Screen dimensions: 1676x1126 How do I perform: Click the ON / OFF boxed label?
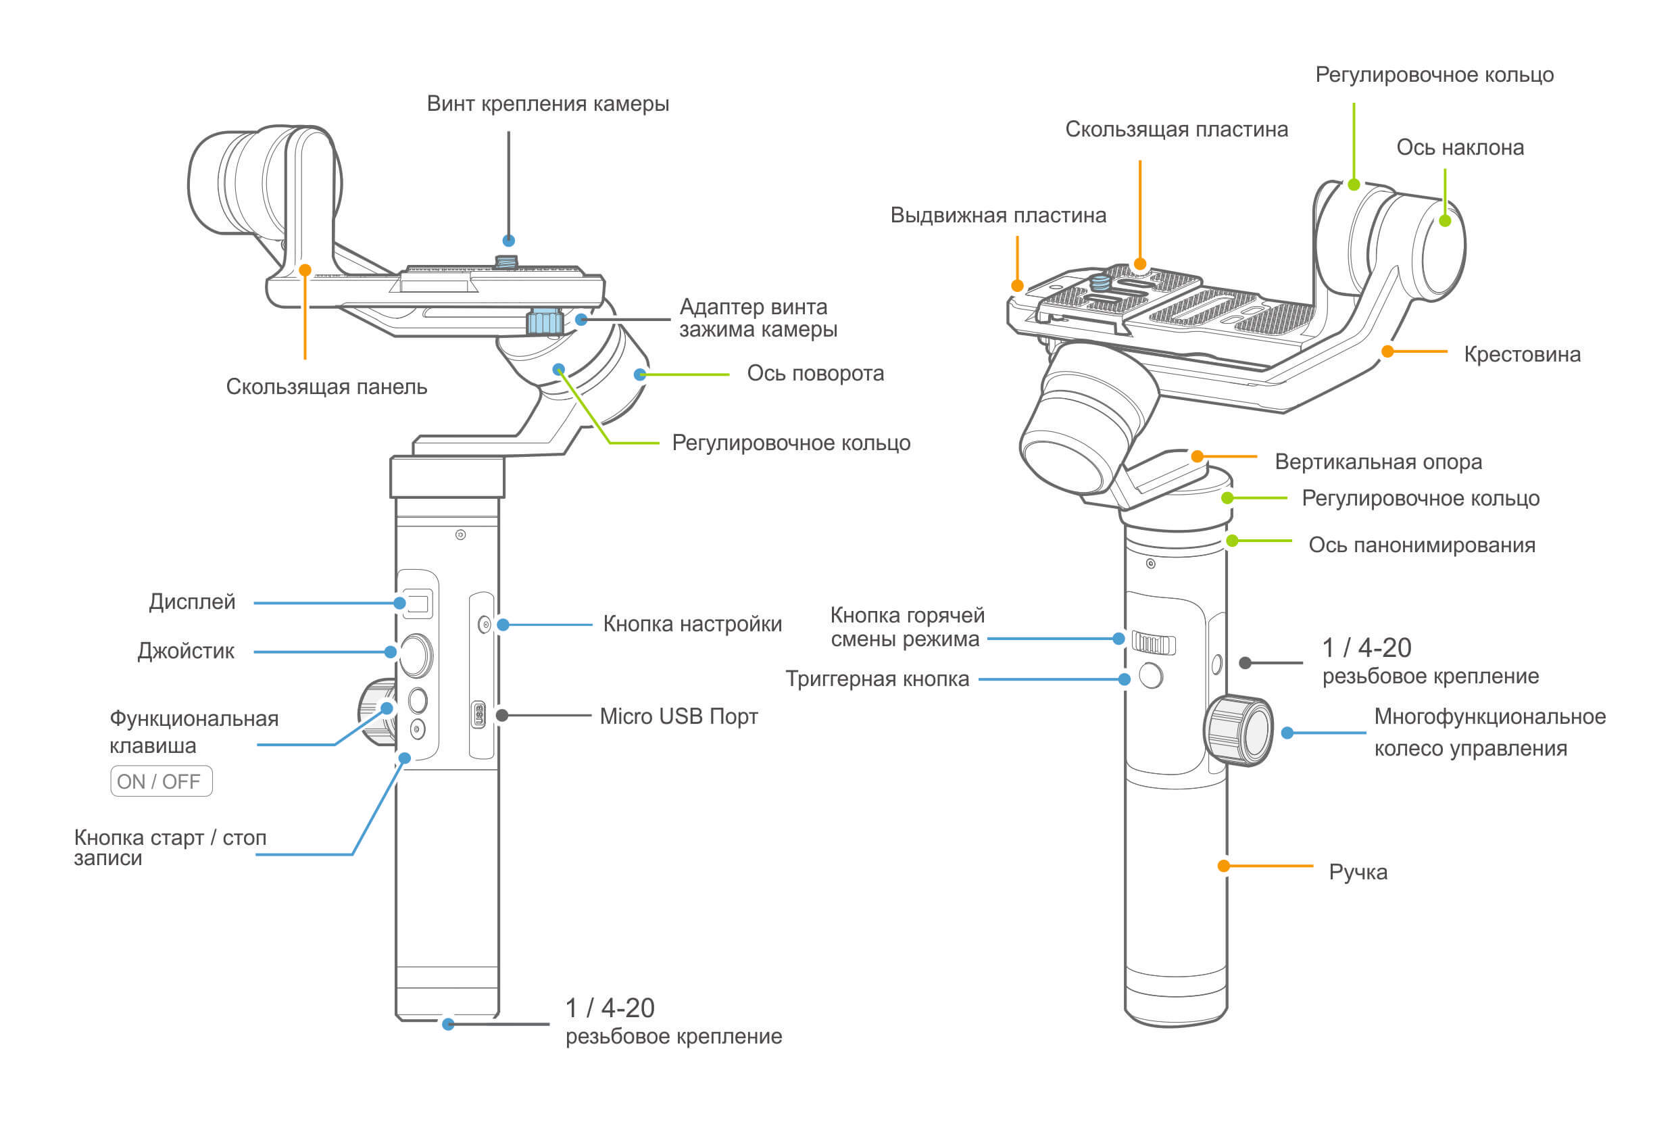tap(161, 781)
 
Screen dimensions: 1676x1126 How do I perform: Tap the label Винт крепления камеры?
tap(548, 104)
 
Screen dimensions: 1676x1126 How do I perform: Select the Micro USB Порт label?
tap(679, 716)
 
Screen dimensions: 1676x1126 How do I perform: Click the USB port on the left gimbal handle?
tap(478, 714)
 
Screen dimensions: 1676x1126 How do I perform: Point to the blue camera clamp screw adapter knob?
tap(544, 321)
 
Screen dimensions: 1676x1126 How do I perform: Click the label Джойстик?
tap(186, 652)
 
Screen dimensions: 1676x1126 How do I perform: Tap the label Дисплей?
tap(192, 602)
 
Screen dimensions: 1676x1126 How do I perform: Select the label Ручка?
tap(1358, 873)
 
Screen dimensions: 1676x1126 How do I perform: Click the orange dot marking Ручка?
tap(1224, 866)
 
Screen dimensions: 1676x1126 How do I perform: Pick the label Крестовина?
tap(1523, 354)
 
